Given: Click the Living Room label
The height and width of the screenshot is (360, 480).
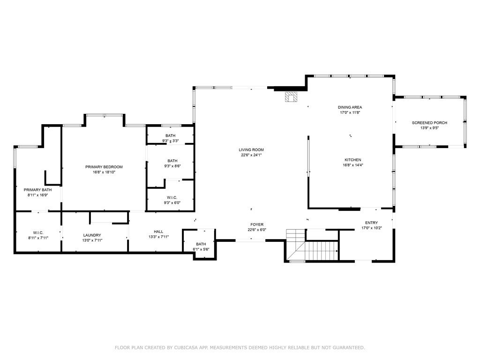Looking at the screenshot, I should (x=252, y=150).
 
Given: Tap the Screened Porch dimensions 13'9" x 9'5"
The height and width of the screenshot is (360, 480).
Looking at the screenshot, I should (x=429, y=127).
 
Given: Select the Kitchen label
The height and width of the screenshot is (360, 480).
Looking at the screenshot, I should (x=353, y=160).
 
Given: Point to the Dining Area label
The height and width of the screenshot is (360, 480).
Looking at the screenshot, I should (x=351, y=107).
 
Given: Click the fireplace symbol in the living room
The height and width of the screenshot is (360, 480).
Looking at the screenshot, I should (x=292, y=97).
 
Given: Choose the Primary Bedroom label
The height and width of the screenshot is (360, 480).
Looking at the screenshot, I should (x=104, y=167).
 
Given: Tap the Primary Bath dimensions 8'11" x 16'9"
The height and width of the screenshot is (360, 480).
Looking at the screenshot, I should (x=37, y=195).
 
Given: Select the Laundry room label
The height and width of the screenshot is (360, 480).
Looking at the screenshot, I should (x=92, y=235).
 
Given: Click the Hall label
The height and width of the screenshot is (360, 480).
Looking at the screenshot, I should (x=158, y=232).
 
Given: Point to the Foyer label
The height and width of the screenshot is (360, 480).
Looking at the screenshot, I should (x=256, y=225).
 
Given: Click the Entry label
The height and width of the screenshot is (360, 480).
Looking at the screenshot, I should (x=371, y=223).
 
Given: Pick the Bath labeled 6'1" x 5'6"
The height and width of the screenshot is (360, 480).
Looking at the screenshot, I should (x=201, y=244).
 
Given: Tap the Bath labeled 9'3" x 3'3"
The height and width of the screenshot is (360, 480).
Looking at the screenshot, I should (x=170, y=135).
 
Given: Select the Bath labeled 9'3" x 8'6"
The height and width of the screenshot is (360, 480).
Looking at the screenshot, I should (x=172, y=160).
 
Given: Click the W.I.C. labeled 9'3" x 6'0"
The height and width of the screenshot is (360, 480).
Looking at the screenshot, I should (x=172, y=197).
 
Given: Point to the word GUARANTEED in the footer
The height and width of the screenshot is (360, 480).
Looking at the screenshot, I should (x=348, y=348).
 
